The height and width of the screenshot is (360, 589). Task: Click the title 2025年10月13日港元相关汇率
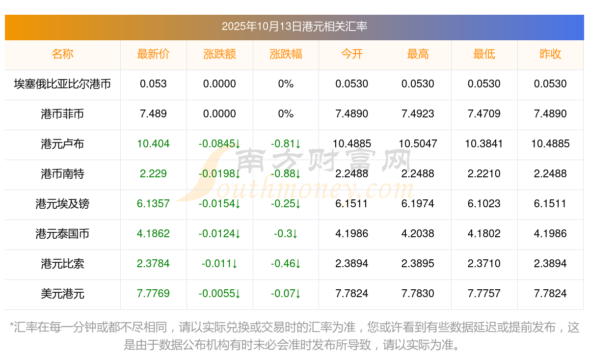(294, 27)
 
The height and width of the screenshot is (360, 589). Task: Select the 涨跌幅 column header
(286, 55)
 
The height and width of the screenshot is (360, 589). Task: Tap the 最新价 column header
(153, 55)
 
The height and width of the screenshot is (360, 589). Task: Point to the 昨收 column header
(550, 55)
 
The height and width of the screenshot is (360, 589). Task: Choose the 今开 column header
(352, 55)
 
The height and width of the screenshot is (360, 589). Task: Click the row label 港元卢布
(62, 144)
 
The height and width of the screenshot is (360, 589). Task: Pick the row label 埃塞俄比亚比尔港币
(62, 84)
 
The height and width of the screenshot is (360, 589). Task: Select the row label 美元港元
(62, 294)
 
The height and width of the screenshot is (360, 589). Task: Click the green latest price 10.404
(153, 144)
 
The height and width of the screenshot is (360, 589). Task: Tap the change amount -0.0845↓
(219, 144)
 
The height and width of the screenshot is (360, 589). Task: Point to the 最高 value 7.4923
(418, 114)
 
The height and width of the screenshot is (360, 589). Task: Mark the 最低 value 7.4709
(484, 114)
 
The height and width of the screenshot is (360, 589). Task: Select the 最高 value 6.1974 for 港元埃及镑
(418, 204)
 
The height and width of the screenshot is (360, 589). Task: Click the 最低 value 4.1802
(484, 234)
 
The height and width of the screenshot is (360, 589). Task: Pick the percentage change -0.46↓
(286, 264)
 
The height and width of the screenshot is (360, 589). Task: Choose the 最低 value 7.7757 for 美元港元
(484, 294)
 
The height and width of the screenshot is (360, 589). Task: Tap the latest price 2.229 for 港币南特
(153, 174)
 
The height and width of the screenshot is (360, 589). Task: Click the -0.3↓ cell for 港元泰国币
(286, 234)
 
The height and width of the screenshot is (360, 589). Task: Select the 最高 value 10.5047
(418, 144)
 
